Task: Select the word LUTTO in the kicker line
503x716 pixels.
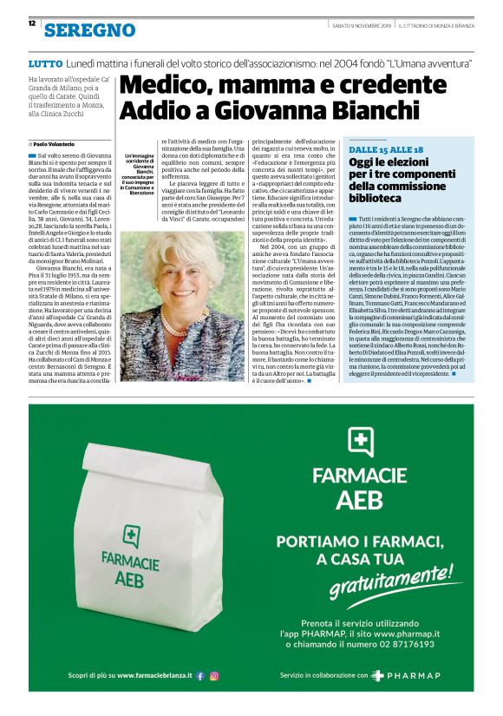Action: [44, 63]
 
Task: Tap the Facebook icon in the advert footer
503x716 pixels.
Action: [199, 674]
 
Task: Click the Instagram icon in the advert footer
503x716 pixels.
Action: [213, 674]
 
